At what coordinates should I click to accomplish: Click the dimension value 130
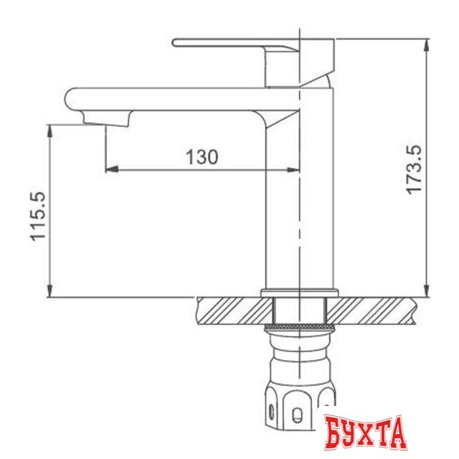click(202, 156)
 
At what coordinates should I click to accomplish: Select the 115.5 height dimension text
click(39, 216)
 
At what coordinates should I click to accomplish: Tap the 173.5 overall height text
click(414, 169)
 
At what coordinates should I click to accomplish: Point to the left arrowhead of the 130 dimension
click(110, 170)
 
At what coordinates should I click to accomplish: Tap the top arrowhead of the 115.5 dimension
click(49, 129)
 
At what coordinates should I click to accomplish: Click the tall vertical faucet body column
click(299, 201)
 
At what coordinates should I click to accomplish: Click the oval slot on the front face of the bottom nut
click(296, 412)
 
